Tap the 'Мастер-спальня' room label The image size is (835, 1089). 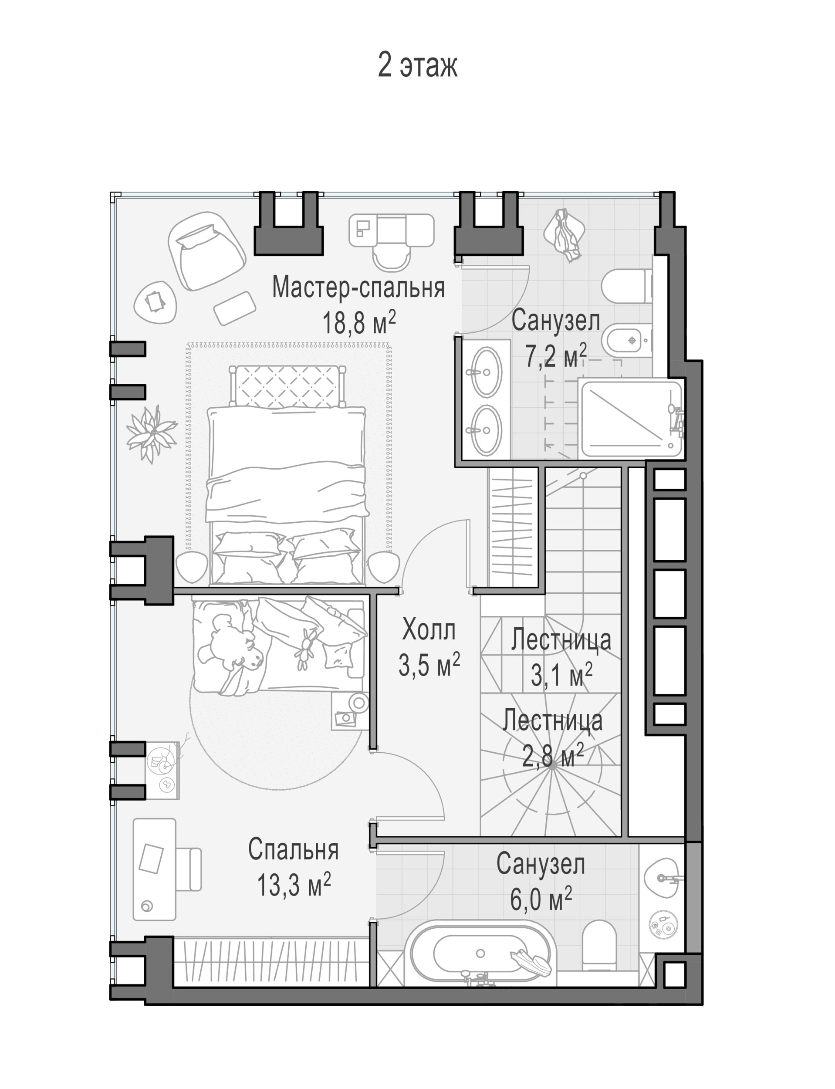click(x=358, y=287)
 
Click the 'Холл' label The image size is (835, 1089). click(x=429, y=630)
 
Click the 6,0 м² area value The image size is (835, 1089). click(x=541, y=899)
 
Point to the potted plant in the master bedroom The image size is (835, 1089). click(x=151, y=433)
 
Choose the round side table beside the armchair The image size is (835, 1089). click(x=155, y=302)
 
